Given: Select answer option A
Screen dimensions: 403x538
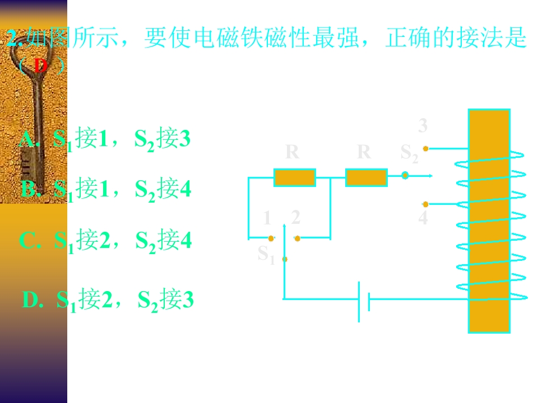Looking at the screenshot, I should (x=105, y=139).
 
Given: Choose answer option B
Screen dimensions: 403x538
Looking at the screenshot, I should (x=106, y=190).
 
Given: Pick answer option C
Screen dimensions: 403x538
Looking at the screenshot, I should (x=105, y=240).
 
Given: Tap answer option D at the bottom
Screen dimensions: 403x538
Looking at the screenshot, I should (x=108, y=301).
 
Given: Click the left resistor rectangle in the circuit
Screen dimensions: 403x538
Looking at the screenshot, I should (x=294, y=177).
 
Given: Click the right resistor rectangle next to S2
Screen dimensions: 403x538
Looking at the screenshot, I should (x=366, y=177).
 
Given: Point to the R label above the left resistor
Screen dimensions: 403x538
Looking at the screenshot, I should (x=292, y=152).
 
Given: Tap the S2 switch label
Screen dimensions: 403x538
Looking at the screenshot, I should (x=409, y=153).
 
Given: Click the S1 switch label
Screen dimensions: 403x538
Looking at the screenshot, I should (x=266, y=254).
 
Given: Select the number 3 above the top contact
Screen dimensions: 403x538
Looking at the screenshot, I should (x=423, y=125).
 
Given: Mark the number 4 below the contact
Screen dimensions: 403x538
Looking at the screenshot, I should (x=423, y=218).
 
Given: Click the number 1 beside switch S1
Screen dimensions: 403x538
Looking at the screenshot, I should (x=267, y=218).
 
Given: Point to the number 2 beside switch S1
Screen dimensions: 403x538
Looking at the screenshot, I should (x=295, y=217).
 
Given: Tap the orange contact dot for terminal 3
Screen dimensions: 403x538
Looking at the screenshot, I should (x=425, y=148).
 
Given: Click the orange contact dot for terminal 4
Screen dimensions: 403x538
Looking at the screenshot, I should (x=425, y=204).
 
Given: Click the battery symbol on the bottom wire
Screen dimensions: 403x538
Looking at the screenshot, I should (x=364, y=301).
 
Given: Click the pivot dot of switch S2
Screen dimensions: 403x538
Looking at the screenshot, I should (x=405, y=175).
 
